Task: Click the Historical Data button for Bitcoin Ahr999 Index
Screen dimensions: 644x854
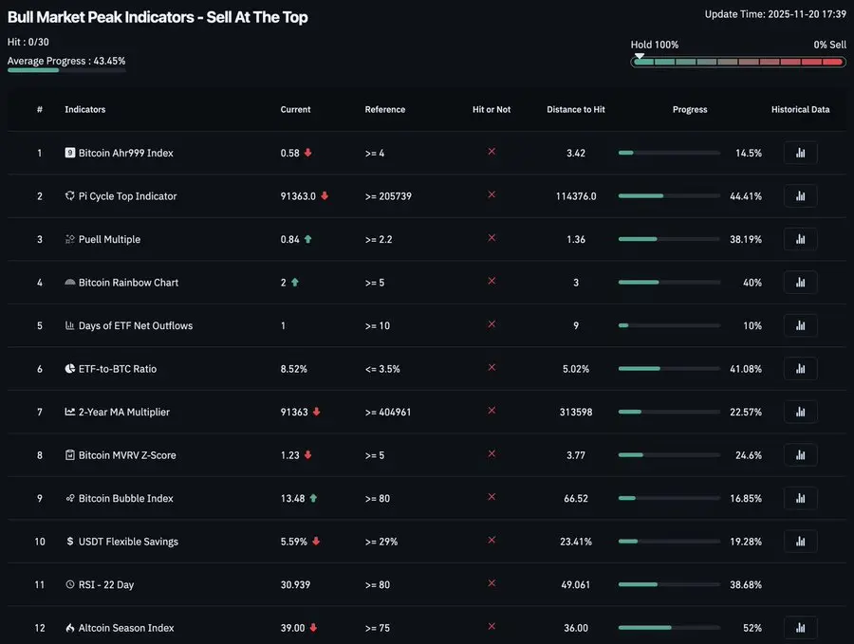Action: coord(800,153)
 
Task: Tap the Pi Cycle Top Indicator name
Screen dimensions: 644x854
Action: coord(127,196)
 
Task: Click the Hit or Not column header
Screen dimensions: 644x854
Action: coord(491,110)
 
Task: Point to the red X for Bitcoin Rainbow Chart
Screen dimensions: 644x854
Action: coord(492,282)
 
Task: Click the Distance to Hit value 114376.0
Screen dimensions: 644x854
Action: coord(576,196)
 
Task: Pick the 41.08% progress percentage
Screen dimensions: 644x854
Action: coord(745,369)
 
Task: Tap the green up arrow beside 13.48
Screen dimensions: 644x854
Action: coord(313,498)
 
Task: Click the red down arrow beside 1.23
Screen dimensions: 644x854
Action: coord(308,455)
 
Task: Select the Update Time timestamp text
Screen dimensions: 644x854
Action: coord(775,14)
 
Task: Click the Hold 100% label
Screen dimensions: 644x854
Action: coord(655,45)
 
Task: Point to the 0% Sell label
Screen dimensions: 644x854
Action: coord(829,45)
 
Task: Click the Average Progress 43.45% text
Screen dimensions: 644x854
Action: coord(66,61)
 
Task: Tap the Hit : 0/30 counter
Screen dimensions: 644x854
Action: coord(28,42)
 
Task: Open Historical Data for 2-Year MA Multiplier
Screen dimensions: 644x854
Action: coord(800,412)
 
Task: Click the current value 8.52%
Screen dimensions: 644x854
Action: coord(294,369)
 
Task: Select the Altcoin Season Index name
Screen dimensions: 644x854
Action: coord(126,628)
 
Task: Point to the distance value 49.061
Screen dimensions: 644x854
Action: coord(576,584)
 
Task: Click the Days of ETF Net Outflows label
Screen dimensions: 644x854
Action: coord(135,325)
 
